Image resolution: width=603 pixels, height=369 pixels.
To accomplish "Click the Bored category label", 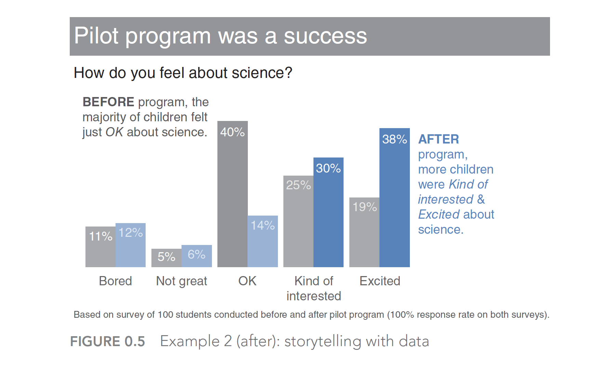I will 115,281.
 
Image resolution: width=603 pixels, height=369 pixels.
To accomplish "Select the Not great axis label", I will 182,281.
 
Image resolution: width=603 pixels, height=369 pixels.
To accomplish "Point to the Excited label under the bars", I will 380,281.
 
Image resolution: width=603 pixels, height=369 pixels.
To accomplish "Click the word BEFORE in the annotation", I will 108,102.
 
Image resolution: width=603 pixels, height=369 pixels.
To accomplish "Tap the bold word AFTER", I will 439,139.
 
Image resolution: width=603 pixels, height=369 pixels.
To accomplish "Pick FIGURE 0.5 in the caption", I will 107,341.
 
